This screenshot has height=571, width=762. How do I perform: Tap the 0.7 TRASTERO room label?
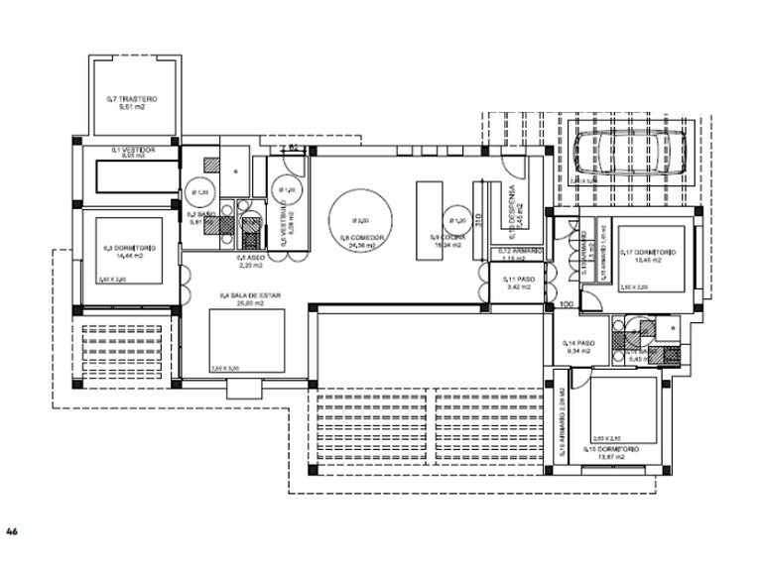[132, 104]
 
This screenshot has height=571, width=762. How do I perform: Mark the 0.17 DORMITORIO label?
[650, 255]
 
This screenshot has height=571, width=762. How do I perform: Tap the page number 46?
[12, 532]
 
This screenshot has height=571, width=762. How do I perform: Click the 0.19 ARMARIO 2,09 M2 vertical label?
[561, 421]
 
